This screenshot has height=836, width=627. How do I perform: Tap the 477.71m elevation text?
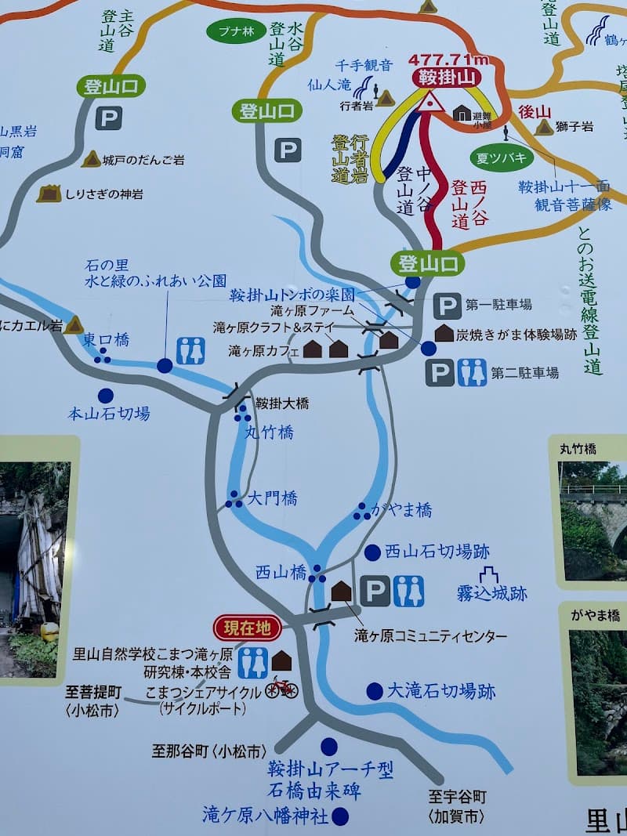(448, 60)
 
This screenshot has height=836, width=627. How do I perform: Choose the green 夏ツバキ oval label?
(502, 157)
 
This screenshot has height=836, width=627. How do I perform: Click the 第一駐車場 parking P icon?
(447, 306)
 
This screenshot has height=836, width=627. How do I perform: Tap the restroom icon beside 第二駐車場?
(472, 373)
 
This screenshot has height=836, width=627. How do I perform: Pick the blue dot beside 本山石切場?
(105, 396)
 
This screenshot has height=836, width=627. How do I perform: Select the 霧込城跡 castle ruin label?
(491, 593)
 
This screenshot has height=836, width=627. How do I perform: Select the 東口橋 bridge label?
(106, 339)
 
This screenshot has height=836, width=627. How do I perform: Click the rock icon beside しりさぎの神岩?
(49, 193)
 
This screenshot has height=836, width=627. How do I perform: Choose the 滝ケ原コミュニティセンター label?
(430, 635)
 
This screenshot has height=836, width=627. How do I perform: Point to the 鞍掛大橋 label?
(281, 404)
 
